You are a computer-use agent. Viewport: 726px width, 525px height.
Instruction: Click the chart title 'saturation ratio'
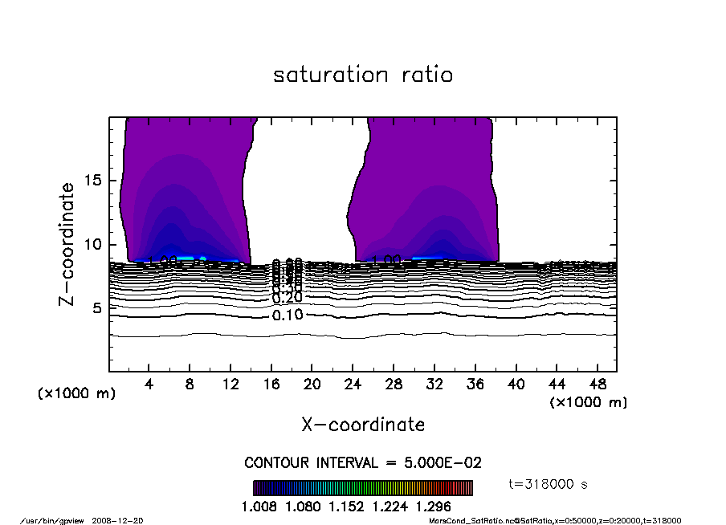(363, 75)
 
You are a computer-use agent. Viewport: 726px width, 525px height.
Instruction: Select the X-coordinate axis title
(363, 425)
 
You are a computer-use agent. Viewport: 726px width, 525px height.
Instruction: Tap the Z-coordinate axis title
(68, 244)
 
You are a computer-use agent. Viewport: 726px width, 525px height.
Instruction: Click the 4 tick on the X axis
(149, 385)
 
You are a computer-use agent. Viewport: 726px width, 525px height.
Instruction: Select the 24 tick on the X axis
(353, 385)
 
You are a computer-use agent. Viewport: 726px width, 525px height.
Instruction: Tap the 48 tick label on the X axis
(598, 385)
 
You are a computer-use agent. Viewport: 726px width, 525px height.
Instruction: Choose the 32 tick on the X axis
(434, 385)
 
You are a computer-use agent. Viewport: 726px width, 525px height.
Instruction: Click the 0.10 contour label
(288, 315)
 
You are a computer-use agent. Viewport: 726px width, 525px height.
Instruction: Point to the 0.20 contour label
(288, 298)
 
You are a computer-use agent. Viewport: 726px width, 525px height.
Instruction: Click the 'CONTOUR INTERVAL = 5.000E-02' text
(363, 464)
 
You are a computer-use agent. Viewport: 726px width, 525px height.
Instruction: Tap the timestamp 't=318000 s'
(549, 484)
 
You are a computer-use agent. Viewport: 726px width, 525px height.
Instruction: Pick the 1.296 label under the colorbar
(434, 507)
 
